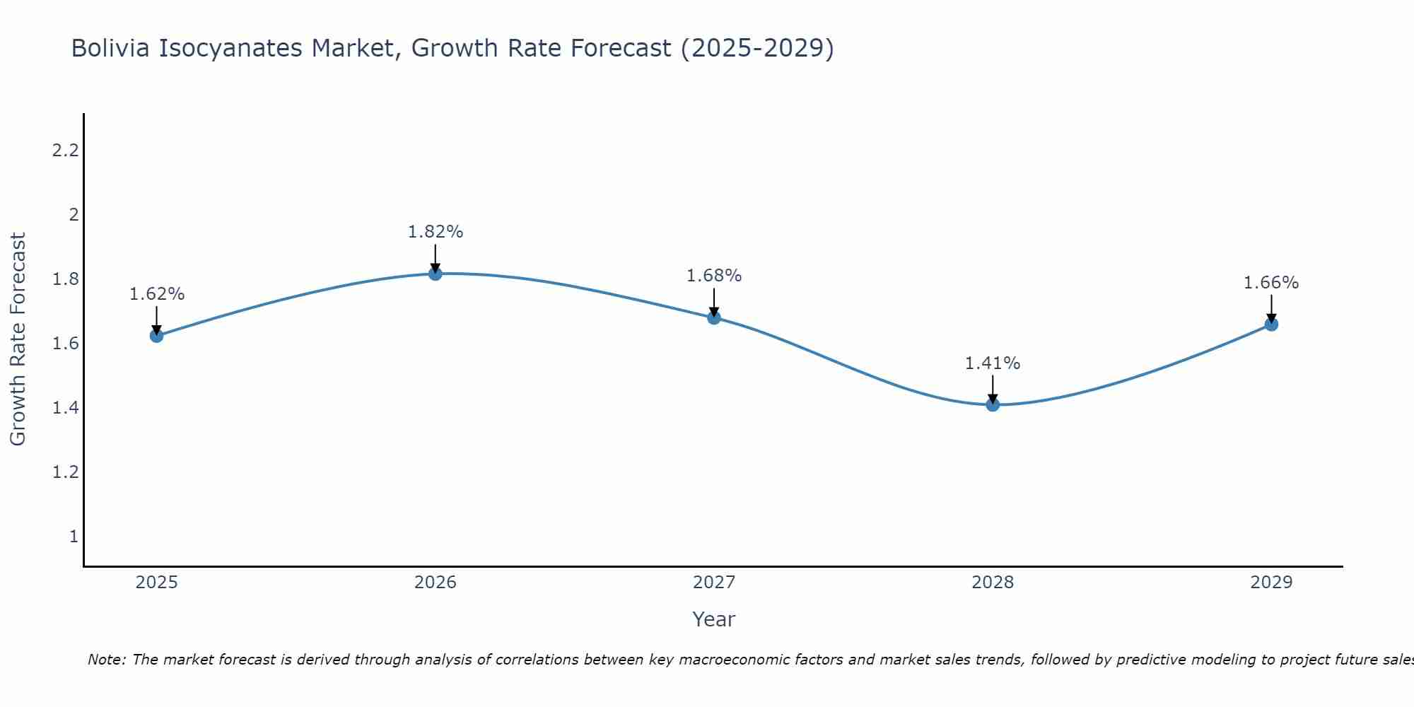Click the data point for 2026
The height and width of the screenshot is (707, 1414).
(x=436, y=274)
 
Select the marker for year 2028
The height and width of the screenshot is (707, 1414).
(x=993, y=404)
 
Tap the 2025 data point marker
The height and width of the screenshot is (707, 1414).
(x=157, y=336)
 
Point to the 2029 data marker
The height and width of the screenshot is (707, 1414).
(x=1271, y=325)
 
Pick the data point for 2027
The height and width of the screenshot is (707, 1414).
(x=714, y=317)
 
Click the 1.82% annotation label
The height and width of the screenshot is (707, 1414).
(x=436, y=232)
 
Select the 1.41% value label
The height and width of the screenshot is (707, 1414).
(x=993, y=363)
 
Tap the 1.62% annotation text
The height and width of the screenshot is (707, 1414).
(x=157, y=294)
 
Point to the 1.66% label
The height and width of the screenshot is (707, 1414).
(x=1271, y=283)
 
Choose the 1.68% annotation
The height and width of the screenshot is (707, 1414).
(x=714, y=276)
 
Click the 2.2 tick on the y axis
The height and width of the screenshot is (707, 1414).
(x=65, y=151)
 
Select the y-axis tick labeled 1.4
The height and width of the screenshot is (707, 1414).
(x=65, y=408)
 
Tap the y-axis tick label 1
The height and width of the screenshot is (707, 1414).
(x=74, y=537)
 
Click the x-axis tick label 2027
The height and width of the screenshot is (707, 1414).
(x=714, y=583)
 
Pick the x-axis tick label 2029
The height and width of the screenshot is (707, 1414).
(x=1271, y=583)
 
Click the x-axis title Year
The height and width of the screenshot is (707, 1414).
(x=714, y=619)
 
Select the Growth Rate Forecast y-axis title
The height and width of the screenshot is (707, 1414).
(x=18, y=339)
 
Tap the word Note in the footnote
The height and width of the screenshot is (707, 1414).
(x=106, y=660)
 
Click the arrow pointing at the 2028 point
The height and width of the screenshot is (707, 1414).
(x=993, y=389)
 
